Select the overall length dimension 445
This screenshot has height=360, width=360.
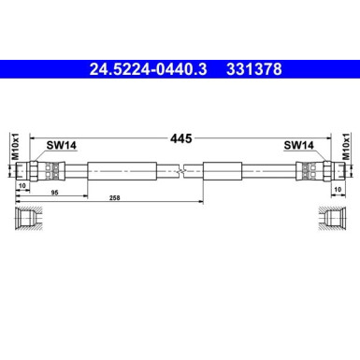point(180,137)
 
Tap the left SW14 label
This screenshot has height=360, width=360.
point(62,145)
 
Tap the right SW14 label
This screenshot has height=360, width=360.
point(298,145)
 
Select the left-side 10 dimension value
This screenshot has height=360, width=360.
point(22,185)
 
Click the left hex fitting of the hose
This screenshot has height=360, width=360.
point(38,172)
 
